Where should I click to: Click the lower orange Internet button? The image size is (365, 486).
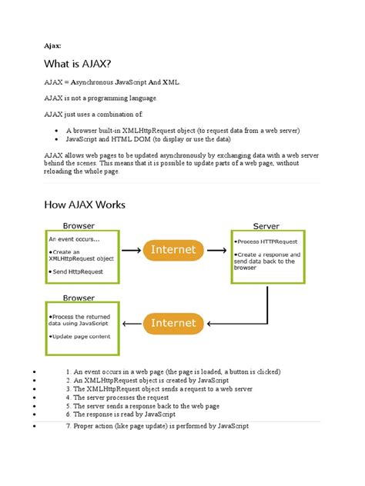pos(175,322)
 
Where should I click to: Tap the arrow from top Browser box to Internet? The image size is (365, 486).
pos(132,250)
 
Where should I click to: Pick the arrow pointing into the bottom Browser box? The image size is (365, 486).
pos(132,322)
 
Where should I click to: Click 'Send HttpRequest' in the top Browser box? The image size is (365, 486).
pos(77,272)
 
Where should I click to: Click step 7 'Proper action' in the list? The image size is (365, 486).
pos(157,426)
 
